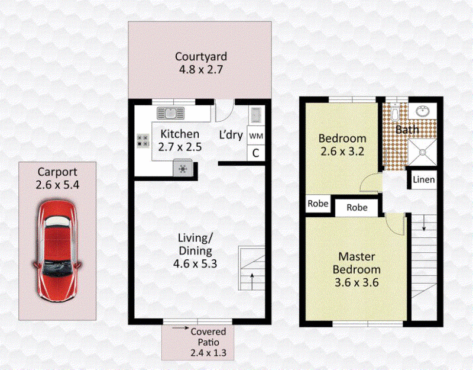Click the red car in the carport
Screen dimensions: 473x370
pos(57,250)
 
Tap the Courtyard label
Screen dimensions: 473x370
pos(201,56)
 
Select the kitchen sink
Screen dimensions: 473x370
pos(170,113)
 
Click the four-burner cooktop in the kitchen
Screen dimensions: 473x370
pos(143,140)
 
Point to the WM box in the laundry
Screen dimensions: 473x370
pos(256,136)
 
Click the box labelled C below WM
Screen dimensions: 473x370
pos(256,153)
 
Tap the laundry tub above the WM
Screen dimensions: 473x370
pos(256,115)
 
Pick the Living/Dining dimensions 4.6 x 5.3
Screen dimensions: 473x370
pos(195,263)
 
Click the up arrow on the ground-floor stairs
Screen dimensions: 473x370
pos(252,281)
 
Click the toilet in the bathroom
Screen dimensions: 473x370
pos(394,112)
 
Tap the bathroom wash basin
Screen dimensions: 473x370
pos(423,111)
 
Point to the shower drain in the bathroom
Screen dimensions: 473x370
pos(422,152)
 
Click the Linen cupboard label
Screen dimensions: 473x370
pos(424,180)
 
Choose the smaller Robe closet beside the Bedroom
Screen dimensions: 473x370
pos(318,204)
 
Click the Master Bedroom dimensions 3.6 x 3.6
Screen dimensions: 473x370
pos(357,283)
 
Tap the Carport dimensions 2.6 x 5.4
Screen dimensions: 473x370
pos(57,185)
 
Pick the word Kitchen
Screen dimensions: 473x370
pos(180,134)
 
